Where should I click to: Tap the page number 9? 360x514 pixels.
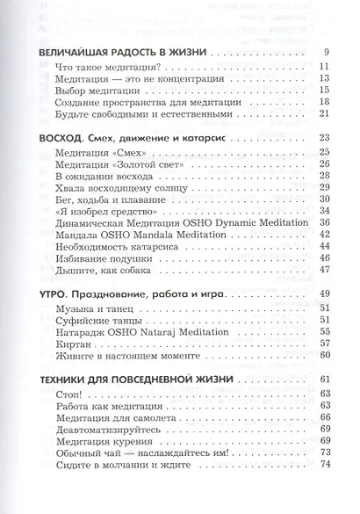(325, 54)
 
